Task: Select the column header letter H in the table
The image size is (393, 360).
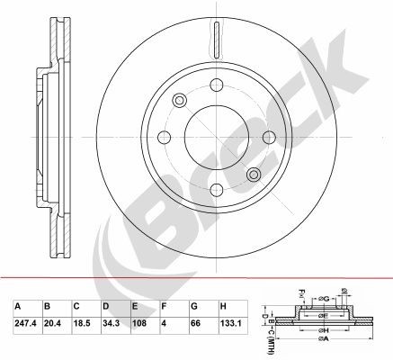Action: pos(223,304)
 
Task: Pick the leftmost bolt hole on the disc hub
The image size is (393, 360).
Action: pos(165,137)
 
